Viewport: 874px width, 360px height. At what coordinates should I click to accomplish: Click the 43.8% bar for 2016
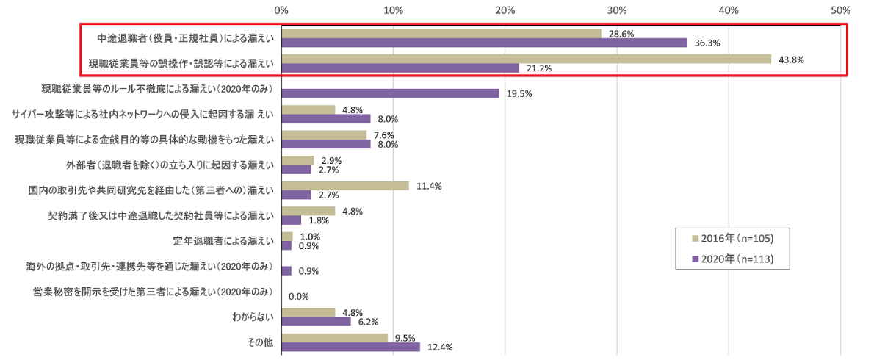(x=526, y=60)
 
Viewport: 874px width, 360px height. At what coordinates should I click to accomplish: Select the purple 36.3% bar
(x=484, y=43)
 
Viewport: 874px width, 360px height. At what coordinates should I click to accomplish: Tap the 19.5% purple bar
(x=390, y=93)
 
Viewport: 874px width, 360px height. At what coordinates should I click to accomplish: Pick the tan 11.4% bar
(x=344, y=186)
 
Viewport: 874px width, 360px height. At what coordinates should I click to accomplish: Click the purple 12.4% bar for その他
(x=350, y=347)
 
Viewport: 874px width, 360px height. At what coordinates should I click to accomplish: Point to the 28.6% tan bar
(x=441, y=34)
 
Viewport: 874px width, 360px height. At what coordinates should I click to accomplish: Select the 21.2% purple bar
(x=400, y=68)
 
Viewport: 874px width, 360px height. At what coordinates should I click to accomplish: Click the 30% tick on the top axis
(x=617, y=11)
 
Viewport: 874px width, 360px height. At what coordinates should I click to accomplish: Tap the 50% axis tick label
(x=840, y=11)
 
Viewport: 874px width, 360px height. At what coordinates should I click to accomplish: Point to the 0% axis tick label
(x=281, y=11)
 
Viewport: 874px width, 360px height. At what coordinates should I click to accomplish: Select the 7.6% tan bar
(x=323, y=135)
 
